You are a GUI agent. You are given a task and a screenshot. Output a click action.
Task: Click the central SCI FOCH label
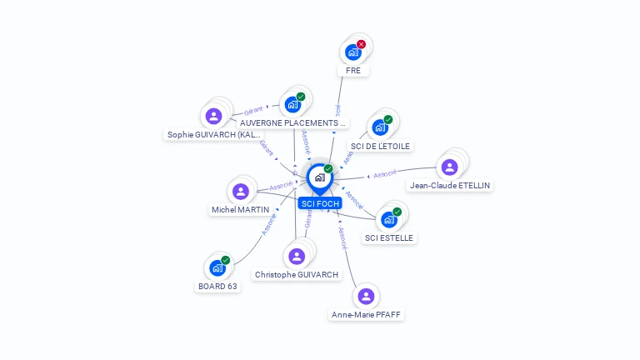tap(320, 203)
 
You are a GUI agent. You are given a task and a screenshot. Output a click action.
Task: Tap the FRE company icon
tap(352, 52)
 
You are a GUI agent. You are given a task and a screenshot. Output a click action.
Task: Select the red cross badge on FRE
tap(361, 44)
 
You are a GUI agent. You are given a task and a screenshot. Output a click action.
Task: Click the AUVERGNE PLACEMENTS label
tap(292, 122)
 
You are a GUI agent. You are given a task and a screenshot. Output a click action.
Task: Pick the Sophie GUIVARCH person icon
tap(213, 116)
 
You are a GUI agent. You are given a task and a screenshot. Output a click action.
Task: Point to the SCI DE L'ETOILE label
tap(381, 146)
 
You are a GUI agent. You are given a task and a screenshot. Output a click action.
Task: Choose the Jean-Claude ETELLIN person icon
tap(449, 167)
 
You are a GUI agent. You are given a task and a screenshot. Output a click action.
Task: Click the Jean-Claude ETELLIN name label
tap(450, 185)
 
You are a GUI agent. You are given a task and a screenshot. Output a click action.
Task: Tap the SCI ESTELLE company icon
tap(388, 220)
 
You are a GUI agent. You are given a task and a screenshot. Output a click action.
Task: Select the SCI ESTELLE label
tap(389, 237)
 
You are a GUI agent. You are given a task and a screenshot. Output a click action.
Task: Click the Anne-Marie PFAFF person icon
tap(366, 297)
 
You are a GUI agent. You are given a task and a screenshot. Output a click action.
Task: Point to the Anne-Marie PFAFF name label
tap(367, 314)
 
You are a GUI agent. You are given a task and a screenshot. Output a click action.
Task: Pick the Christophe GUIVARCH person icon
tap(297, 256)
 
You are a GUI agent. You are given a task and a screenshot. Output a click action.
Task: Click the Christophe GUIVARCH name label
tap(297, 274)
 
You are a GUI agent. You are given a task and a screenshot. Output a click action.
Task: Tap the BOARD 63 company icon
tap(217, 268)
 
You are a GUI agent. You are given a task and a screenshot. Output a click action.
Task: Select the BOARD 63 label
tap(217, 286)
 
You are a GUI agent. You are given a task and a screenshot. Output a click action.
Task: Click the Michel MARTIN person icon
tap(241, 192)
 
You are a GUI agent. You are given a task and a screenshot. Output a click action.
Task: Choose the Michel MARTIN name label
tap(241, 209)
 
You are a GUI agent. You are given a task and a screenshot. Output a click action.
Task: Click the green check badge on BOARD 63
tap(225, 260)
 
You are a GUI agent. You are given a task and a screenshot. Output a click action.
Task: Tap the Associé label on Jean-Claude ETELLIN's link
tap(385, 174)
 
